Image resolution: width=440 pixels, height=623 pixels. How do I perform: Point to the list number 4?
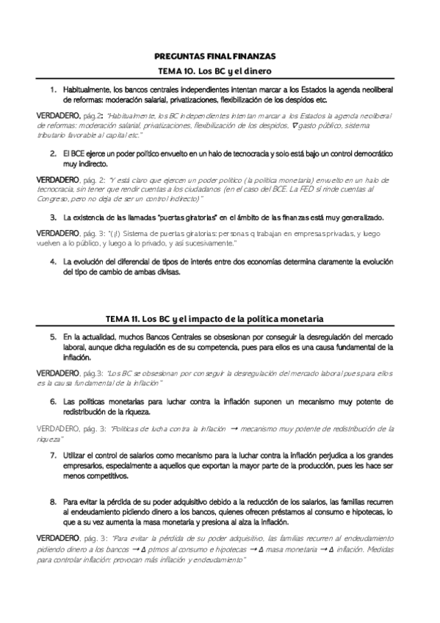point(54,262)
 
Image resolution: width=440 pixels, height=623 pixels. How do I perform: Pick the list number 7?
point(54,455)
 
